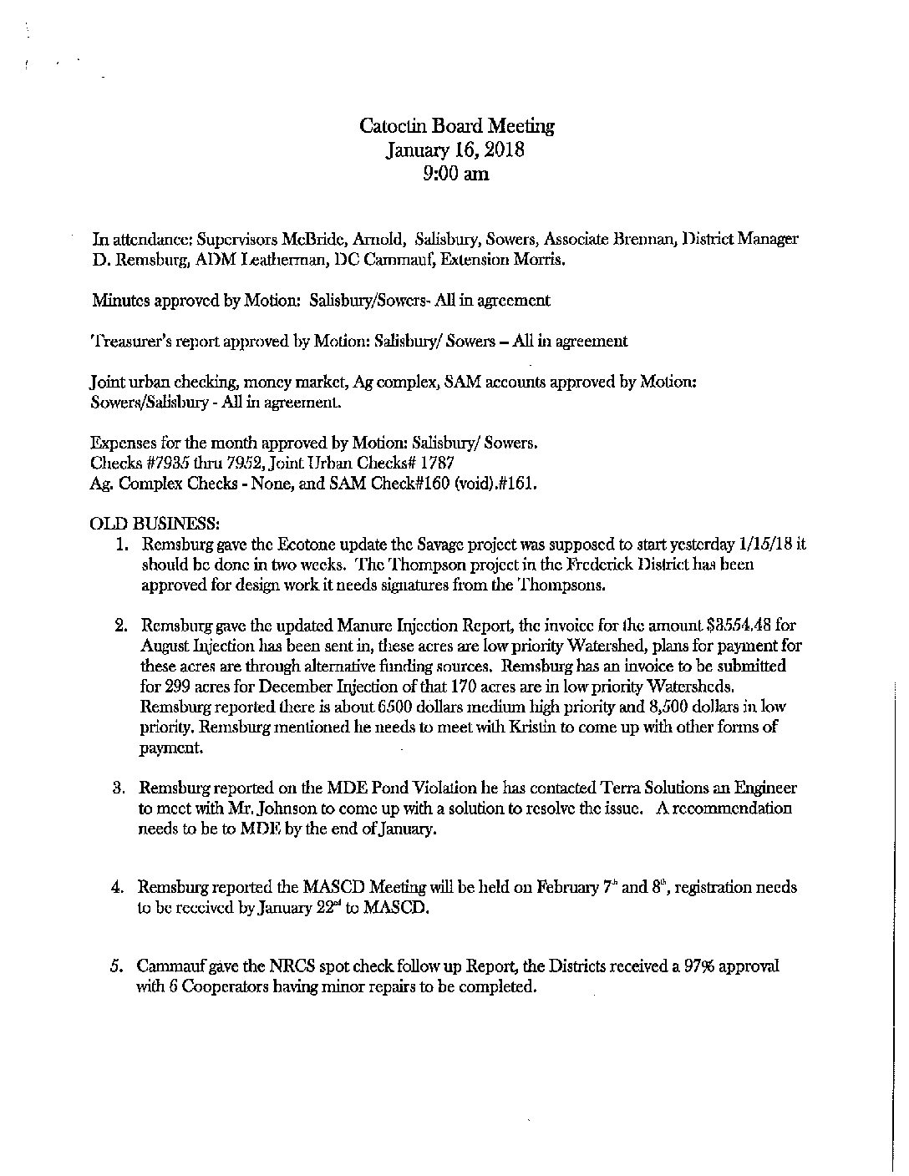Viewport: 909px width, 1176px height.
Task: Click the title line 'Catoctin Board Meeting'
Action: [456, 126]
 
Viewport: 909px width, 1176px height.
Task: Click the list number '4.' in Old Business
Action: [119, 888]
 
